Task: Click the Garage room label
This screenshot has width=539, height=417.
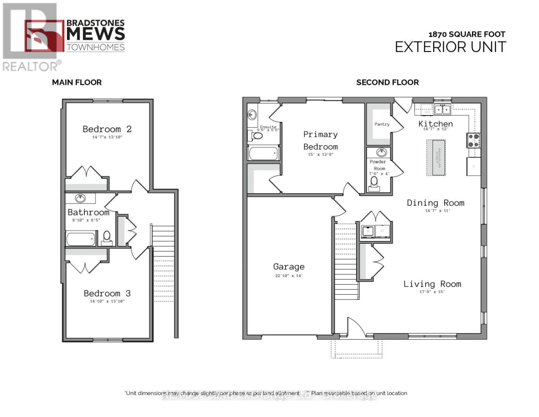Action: pos(289,267)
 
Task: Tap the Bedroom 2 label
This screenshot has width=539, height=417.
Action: pos(107,129)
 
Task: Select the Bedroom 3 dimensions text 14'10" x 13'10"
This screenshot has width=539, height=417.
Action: pos(107,301)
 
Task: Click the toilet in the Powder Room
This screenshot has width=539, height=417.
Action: pos(374,182)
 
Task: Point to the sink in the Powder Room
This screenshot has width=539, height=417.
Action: pos(381,152)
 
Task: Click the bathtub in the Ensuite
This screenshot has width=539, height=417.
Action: pos(263,153)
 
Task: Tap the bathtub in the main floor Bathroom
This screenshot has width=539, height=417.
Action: pos(81,239)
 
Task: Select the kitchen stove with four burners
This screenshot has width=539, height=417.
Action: pos(474,140)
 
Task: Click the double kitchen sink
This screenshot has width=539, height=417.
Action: pos(443,109)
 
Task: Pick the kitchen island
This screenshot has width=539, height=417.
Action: pos(436,158)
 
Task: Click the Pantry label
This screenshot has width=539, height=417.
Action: pos(382,124)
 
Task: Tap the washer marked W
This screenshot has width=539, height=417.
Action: pos(368,231)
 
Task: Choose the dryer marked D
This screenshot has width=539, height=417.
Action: pos(382,231)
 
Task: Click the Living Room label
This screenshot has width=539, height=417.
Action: pos(432,284)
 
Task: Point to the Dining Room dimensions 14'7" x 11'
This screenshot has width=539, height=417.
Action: pos(437,211)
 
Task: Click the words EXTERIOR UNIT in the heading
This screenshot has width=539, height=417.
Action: pos(450,47)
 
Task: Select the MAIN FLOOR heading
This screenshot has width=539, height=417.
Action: pos(77,82)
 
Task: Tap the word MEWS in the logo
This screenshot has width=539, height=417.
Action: pos(95,34)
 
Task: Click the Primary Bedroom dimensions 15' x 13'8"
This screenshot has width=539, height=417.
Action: pos(320,154)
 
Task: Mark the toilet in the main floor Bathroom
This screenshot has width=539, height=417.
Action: pos(107,237)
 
